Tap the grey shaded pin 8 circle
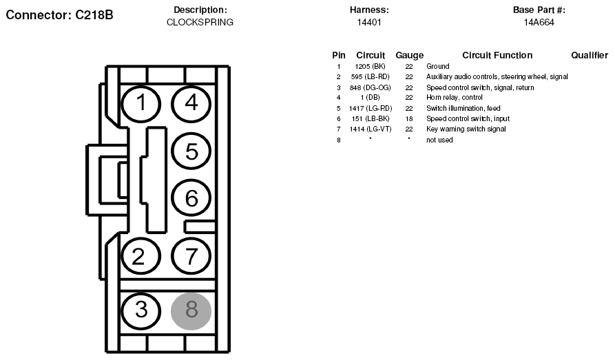coord(191,311)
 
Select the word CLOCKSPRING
coord(200,22)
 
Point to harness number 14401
coord(369,22)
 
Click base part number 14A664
coord(539,22)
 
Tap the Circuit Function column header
coord(497,55)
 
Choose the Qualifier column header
coord(590,55)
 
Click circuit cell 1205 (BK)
coord(371,66)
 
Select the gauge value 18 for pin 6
coord(409,119)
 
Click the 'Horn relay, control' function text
coord(454,97)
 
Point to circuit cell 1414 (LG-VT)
coord(371,129)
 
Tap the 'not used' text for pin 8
coord(439,140)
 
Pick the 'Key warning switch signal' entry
coord(466,129)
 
